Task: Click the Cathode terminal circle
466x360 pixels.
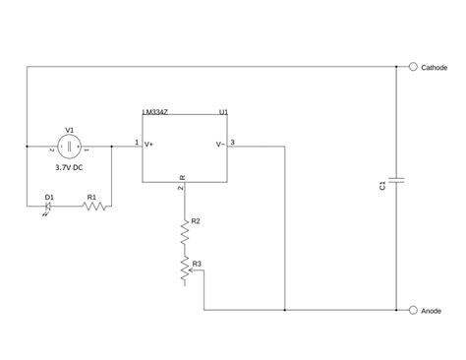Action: [x=411, y=67]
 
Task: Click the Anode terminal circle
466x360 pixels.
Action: [x=411, y=310]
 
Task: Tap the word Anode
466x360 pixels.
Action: [x=431, y=310]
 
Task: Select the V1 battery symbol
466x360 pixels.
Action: [x=70, y=149]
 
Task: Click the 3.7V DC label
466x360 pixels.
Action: [x=70, y=167]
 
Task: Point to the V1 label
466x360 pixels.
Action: [x=70, y=129]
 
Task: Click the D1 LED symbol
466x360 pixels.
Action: [x=50, y=206]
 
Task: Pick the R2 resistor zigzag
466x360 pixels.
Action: [x=182, y=234]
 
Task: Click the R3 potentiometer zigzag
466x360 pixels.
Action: [x=182, y=271]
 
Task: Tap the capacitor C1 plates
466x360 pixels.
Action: [x=395, y=179]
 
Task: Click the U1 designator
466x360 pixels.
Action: [x=223, y=112]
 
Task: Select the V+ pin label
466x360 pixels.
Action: [x=149, y=145]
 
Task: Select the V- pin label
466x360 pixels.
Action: [x=219, y=145]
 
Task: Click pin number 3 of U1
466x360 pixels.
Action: [x=232, y=143]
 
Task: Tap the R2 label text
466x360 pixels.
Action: [x=196, y=220]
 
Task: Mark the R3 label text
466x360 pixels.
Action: [x=197, y=263]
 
